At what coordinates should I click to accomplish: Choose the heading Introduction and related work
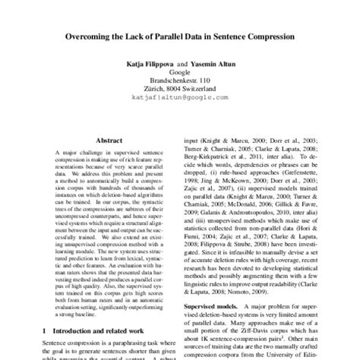pos(91,330)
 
